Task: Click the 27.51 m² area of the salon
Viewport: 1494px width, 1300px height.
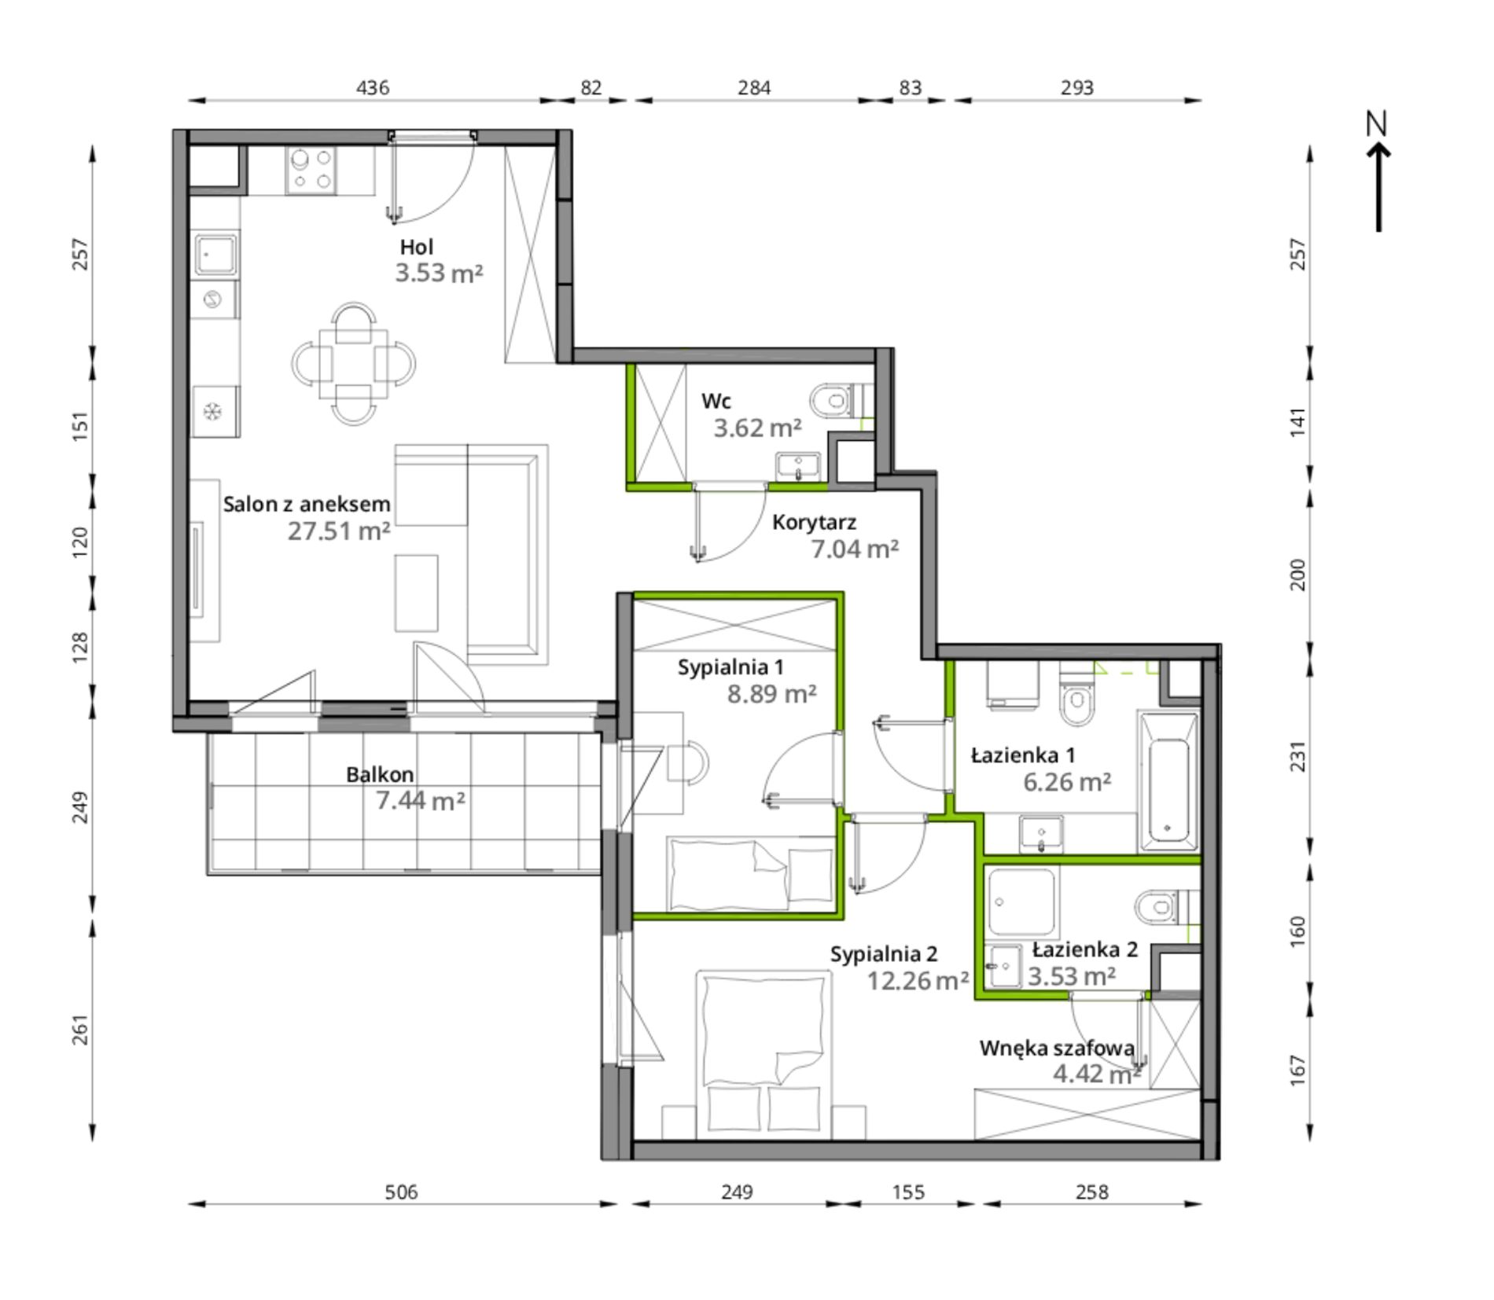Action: pyautogui.click(x=339, y=531)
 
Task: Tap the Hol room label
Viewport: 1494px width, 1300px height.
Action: pyautogui.click(x=416, y=247)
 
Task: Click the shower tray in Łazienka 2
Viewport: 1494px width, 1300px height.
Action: pyautogui.click(x=1021, y=901)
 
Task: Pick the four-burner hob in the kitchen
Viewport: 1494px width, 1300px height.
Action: pyautogui.click(x=312, y=171)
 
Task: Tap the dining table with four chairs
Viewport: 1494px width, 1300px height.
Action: pyautogui.click(x=354, y=364)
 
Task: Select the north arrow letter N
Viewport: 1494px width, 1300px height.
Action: pyautogui.click(x=1377, y=124)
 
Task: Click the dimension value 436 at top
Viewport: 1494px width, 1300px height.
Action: pyautogui.click(x=373, y=87)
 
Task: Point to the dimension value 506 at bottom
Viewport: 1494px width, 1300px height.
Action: pyautogui.click(x=401, y=1192)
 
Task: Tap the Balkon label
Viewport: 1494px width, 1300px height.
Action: pyautogui.click(x=380, y=774)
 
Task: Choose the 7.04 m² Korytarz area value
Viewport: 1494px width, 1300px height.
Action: pyautogui.click(x=855, y=549)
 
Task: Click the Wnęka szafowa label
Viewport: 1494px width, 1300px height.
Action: pyautogui.click(x=1057, y=1048)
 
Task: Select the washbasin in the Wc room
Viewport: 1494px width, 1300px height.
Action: pyautogui.click(x=799, y=466)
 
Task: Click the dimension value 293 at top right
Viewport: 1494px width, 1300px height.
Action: pyautogui.click(x=1076, y=87)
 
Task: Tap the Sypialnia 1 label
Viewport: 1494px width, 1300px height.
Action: pyautogui.click(x=730, y=668)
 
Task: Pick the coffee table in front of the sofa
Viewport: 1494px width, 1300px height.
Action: pyautogui.click(x=416, y=593)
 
